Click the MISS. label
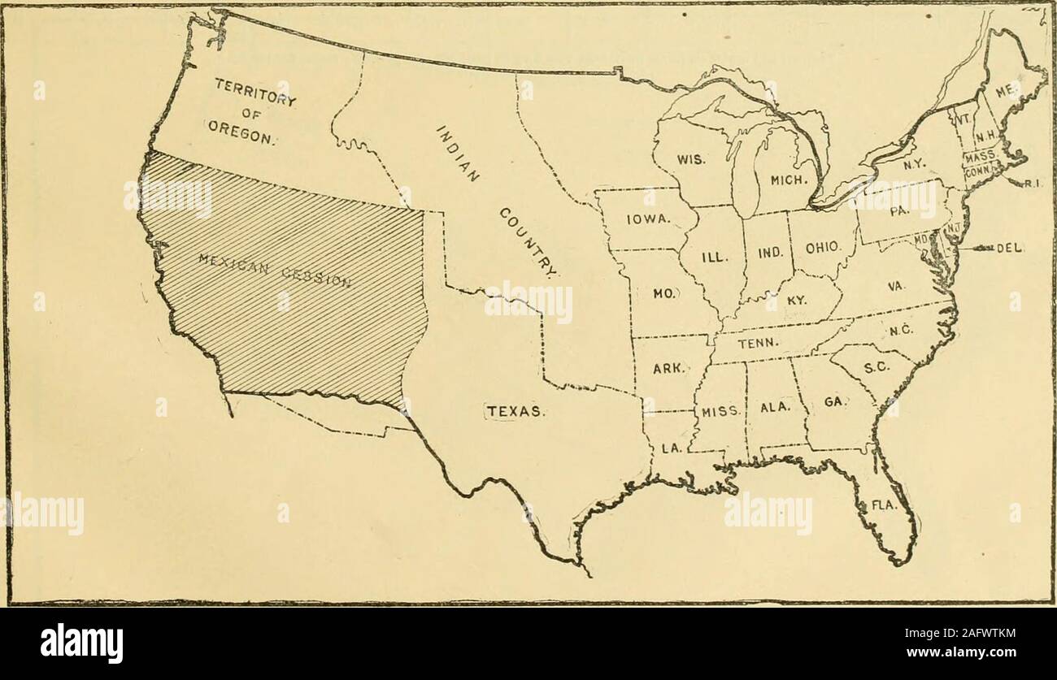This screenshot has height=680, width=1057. [720, 410]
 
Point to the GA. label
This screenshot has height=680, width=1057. [835, 401]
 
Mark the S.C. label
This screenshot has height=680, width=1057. [875, 367]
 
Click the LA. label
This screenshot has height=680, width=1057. [671, 447]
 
